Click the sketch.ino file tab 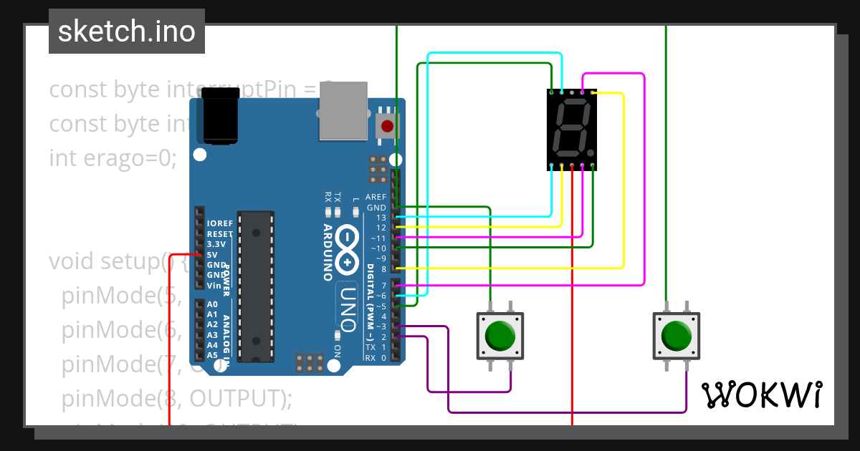pyautogui.click(x=126, y=31)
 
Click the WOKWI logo pyautogui.click(x=761, y=395)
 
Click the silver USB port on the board pyautogui.click(x=343, y=111)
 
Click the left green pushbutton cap pyautogui.click(x=500, y=334)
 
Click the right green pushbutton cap pyautogui.click(x=676, y=334)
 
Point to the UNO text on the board pyautogui.click(x=348, y=308)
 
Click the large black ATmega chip pyautogui.click(x=256, y=286)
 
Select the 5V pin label pyautogui.click(x=212, y=255)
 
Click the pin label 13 pyautogui.click(x=381, y=218)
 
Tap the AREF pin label pyautogui.click(x=376, y=197)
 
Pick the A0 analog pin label pyautogui.click(x=212, y=304)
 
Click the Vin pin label pyautogui.click(x=214, y=286)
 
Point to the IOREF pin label pyautogui.click(x=219, y=223)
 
